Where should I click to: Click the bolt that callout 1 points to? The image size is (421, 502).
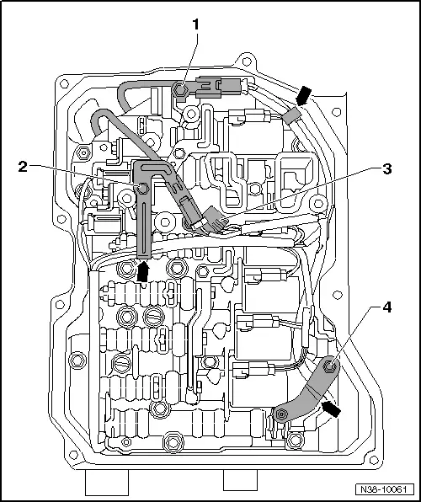(180, 88)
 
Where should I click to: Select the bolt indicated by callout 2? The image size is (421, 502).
(145, 190)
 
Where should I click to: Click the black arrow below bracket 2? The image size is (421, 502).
(144, 270)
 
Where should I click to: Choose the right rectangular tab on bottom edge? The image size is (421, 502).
(240, 480)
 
